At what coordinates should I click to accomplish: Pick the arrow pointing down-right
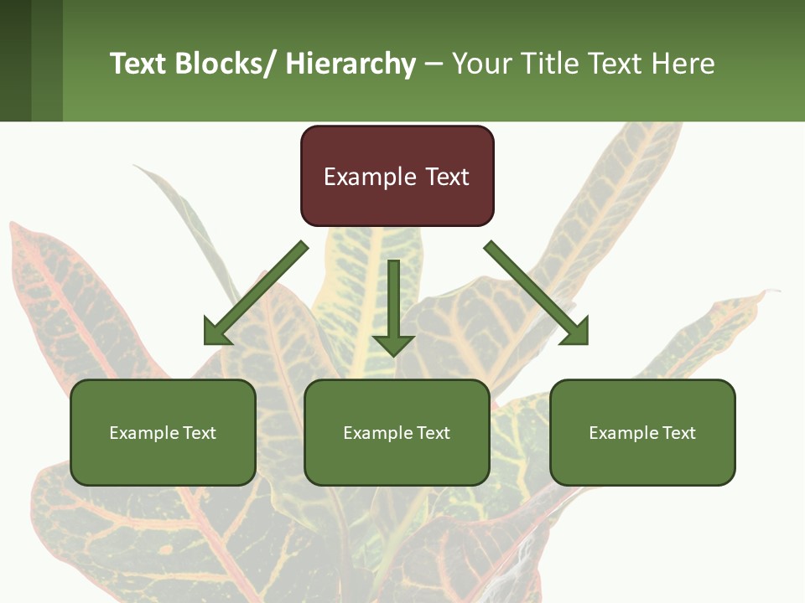click(536, 292)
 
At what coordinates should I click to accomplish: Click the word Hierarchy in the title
click(351, 64)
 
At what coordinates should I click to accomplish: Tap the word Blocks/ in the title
click(226, 64)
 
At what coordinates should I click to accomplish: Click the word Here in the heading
click(684, 64)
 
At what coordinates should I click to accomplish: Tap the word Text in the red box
click(445, 177)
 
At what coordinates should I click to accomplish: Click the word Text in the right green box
click(678, 433)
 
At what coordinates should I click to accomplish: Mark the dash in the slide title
click(434, 64)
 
